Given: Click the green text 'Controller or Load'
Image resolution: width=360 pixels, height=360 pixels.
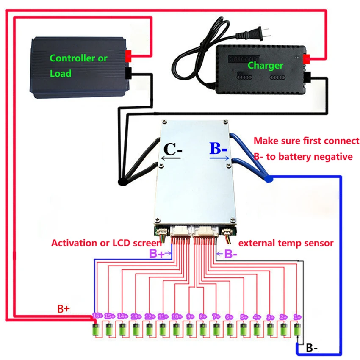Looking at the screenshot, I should tap(78, 66).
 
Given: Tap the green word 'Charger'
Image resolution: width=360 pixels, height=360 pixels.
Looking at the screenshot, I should tap(265, 65).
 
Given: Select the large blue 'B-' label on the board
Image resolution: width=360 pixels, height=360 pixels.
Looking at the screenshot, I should tap(219, 150).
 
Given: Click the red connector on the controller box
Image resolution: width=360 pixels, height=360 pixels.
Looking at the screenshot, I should tap(129, 55).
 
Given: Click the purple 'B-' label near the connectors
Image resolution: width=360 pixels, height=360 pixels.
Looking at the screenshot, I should tap(228, 254).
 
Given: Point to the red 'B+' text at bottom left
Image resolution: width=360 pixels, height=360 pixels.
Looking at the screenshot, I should tap(64, 309).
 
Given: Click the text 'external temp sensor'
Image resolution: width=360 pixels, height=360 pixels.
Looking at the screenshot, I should tap(286, 243).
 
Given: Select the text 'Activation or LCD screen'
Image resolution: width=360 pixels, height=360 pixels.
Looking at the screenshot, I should tap(106, 243).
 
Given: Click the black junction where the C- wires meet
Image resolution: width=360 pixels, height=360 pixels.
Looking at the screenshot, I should tap(123, 182).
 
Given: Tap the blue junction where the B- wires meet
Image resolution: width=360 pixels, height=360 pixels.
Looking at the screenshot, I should tap(269, 179).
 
